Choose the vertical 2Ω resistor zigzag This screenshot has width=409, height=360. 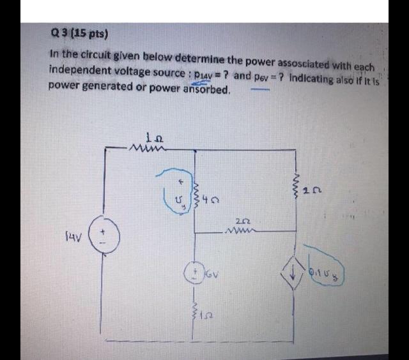(296, 184)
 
